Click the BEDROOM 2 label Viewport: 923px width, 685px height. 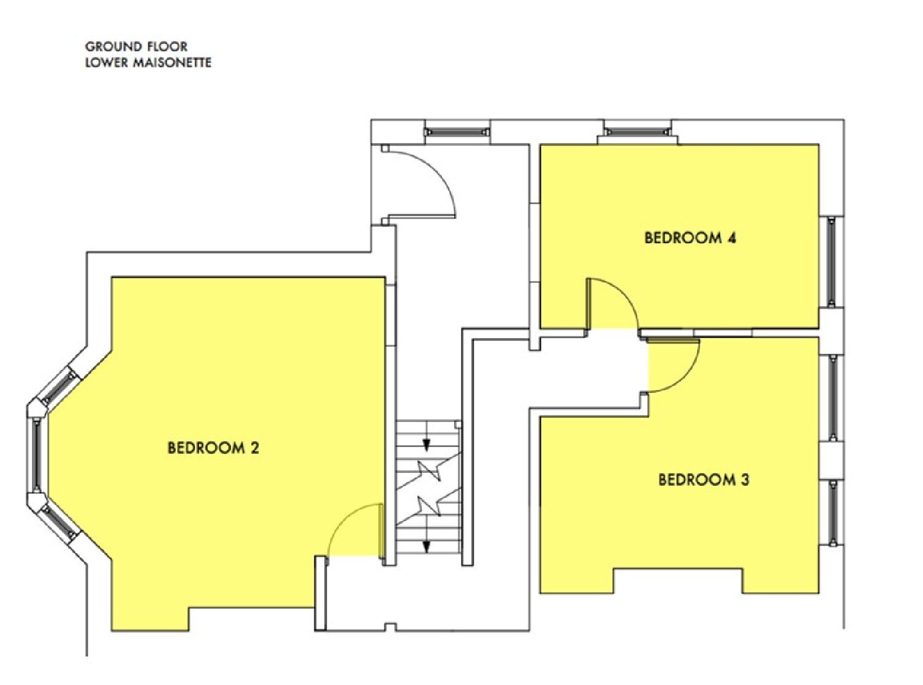[x=213, y=448]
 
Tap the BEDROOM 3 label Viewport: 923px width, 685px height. [x=703, y=480]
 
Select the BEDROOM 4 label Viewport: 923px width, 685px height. [x=690, y=238]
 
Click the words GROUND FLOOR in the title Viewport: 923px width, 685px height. [x=136, y=47]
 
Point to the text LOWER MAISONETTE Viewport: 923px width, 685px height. [x=148, y=63]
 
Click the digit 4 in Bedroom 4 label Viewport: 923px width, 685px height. [x=732, y=238]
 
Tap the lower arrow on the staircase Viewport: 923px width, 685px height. [x=426, y=545]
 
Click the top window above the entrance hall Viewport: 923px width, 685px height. [x=457, y=131]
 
